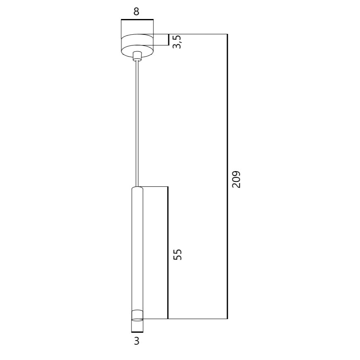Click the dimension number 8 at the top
[136, 11]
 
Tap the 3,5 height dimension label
[177, 42]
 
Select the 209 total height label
[236, 179]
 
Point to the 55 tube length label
[177, 254]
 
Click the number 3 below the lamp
[137, 341]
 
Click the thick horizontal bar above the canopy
[137, 19]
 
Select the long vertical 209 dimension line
[227, 176]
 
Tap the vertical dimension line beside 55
[168, 253]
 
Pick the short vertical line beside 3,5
[169, 40]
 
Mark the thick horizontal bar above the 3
[137, 332]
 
